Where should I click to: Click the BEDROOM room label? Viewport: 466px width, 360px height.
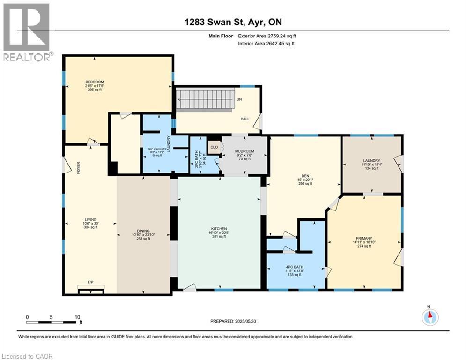tap(94, 82)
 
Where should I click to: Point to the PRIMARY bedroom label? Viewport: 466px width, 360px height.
tap(364, 238)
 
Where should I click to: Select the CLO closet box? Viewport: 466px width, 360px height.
tap(214, 147)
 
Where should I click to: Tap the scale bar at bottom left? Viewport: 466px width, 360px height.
tap(52, 322)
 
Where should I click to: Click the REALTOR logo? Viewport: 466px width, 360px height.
tap(27, 32)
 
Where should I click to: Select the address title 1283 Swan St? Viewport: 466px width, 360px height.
tap(232, 22)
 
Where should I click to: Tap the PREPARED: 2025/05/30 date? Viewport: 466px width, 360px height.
tap(233, 321)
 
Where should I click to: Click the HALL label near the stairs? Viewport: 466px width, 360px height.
tap(244, 119)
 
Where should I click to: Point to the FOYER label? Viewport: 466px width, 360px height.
tap(79, 167)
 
